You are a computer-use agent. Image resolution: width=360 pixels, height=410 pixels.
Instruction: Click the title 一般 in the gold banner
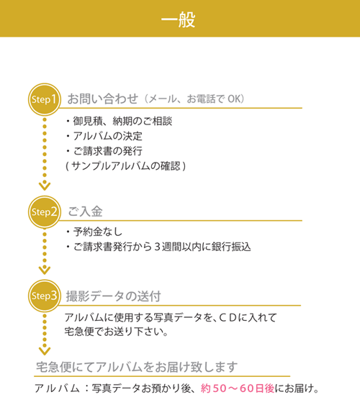(x=179, y=19)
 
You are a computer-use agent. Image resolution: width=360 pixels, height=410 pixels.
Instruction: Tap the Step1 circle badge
(x=45, y=99)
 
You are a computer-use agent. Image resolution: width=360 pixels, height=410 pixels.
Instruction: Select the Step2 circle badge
(x=45, y=212)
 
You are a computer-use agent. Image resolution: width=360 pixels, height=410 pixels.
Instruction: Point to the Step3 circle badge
(x=45, y=296)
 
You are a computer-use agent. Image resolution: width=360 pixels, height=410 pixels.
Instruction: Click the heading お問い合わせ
(x=103, y=99)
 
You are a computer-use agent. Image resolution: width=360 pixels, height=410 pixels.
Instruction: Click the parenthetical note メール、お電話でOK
(x=194, y=99)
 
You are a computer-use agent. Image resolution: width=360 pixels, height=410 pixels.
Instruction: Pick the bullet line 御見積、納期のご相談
(x=119, y=121)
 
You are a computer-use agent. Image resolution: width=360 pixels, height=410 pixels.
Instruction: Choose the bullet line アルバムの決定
(x=104, y=136)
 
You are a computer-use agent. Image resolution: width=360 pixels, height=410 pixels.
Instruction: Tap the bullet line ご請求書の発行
(x=104, y=151)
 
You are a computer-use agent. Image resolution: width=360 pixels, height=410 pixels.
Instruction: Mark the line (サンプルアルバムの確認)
(x=126, y=165)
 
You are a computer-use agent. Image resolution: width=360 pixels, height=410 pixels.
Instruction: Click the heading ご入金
(x=86, y=211)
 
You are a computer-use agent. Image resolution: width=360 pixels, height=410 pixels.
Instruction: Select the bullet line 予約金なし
(x=94, y=232)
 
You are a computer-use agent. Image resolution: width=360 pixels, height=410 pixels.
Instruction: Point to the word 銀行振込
(x=231, y=247)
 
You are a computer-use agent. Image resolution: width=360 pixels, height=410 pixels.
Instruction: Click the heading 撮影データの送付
(x=113, y=296)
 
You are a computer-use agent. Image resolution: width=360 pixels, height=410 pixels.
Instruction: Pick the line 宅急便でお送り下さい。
(x=116, y=332)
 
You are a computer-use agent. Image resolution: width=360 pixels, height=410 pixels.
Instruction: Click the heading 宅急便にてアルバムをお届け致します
(x=137, y=367)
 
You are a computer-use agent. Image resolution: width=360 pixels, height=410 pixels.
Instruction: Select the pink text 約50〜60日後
(x=238, y=388)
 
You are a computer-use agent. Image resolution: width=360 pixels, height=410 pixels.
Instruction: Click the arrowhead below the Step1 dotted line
(x=45, y=186)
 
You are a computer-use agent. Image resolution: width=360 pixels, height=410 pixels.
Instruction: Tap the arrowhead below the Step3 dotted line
(x=45, y=351)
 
